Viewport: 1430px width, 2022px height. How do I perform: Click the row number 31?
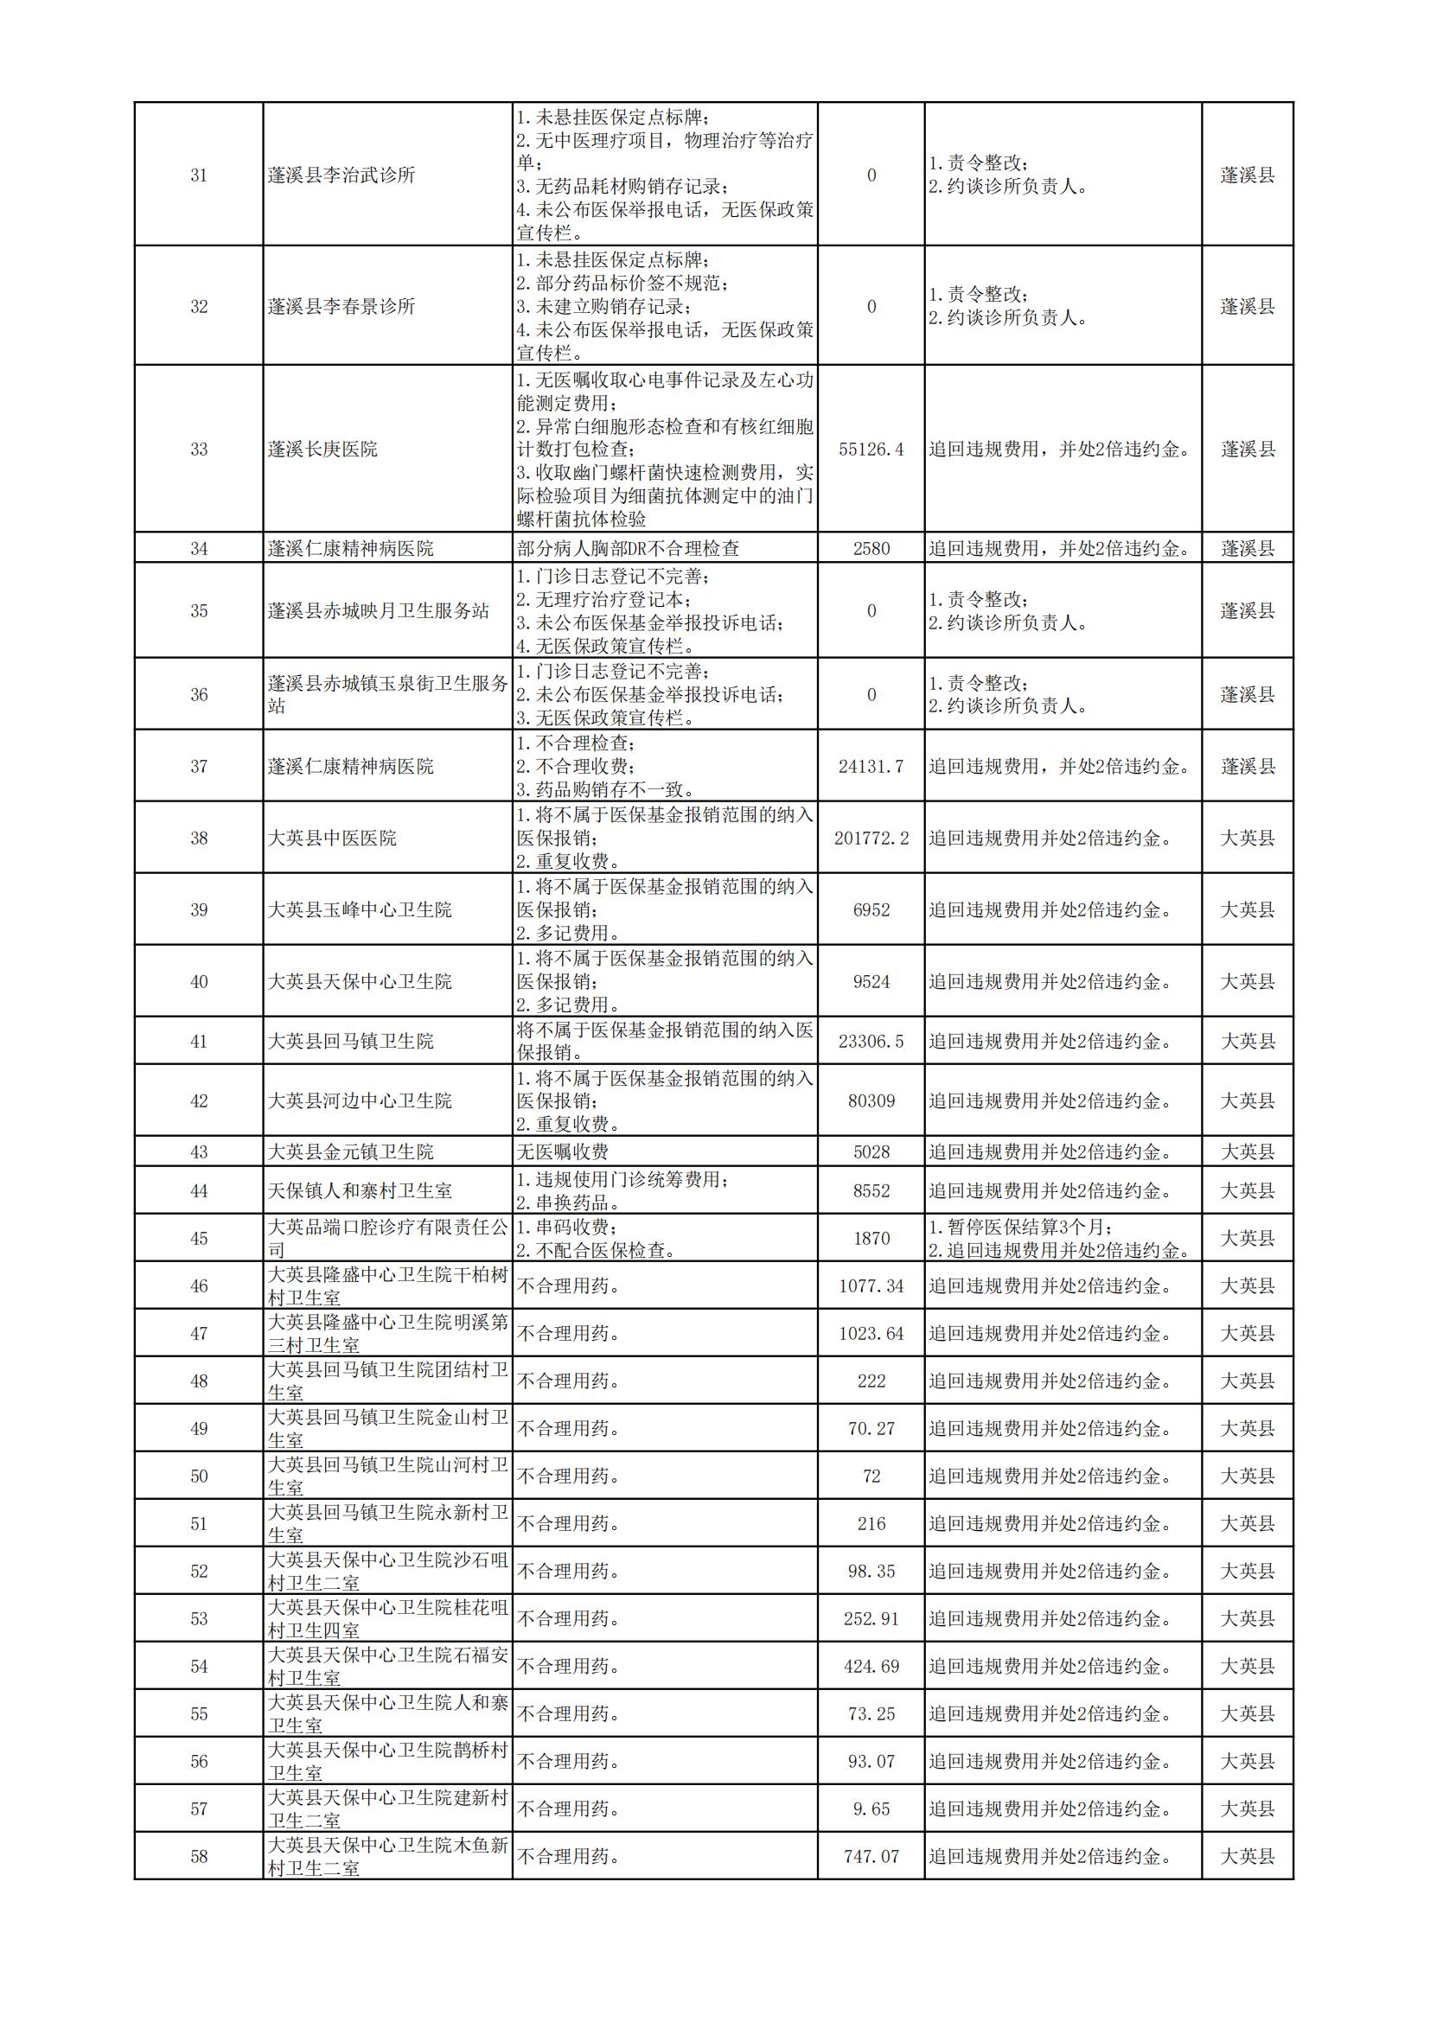199,175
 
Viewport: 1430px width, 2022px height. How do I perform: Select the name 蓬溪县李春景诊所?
342,307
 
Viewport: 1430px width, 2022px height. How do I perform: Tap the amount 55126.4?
871,450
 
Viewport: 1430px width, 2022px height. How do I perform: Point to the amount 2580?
871,549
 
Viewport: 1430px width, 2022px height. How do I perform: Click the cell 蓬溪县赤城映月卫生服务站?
379,611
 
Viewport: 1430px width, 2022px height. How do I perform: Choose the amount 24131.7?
871,766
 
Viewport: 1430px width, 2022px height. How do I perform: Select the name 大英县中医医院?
333,839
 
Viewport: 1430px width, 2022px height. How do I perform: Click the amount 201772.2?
871,839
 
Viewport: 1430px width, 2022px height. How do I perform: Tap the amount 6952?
871,909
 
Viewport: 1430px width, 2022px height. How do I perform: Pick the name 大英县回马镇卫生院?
351,1042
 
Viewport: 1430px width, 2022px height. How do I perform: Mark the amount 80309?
871,1100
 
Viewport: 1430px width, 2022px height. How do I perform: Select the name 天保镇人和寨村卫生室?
361,1191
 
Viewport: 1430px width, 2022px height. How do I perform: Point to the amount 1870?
871,1238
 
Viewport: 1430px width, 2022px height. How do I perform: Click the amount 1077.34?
871,1286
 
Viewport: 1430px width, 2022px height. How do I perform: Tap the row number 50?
199,1477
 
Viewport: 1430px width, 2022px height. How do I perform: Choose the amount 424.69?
871,1666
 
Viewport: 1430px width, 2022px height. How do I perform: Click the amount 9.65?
871,1808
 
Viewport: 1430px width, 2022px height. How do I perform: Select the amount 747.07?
871,1856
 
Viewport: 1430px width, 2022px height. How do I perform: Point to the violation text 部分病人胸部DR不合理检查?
629,549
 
